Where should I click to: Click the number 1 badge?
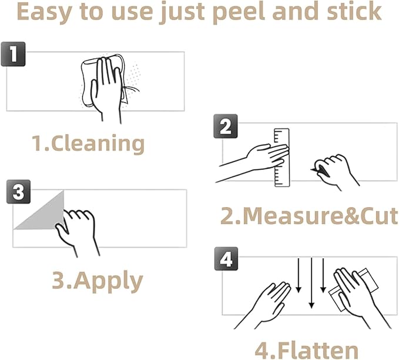point(14,54)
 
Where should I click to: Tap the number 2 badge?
point(226,126)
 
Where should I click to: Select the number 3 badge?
point(19,192)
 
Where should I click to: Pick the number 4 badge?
point(226,259)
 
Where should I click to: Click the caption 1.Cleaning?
point(88,144)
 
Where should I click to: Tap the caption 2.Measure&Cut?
point(309,216)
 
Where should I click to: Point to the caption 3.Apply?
point(97,281)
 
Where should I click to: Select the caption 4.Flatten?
point(307,351)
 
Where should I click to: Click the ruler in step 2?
point(282,158)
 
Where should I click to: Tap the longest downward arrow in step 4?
point(311,283)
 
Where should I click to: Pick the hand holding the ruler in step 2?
point(254,162)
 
